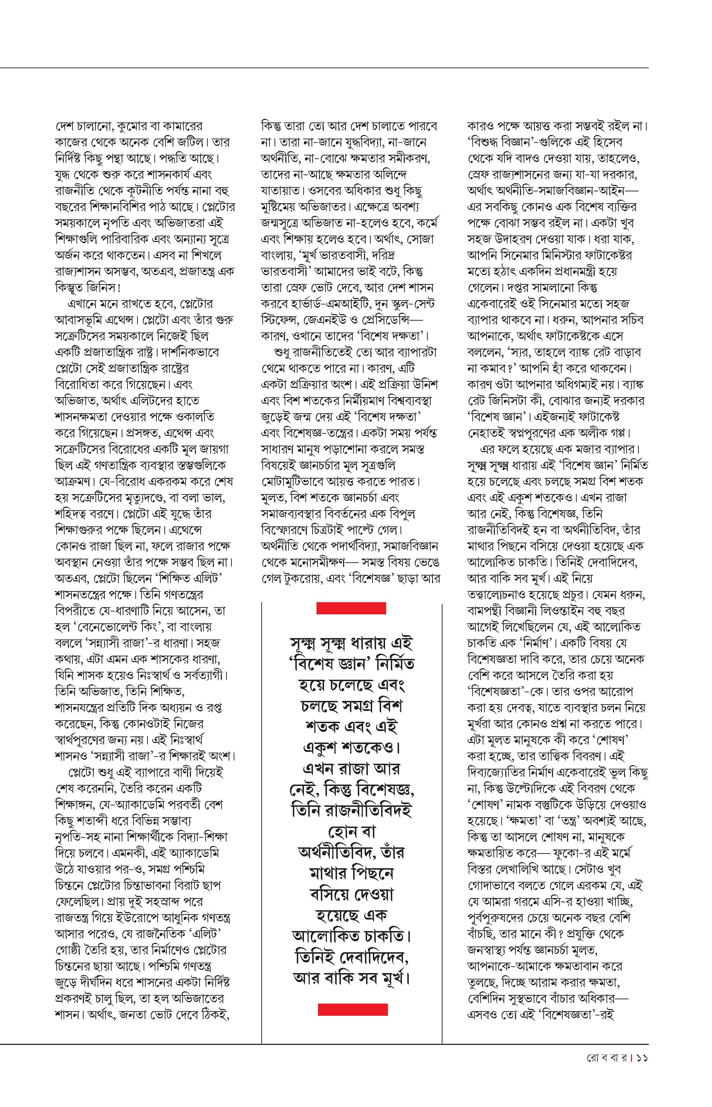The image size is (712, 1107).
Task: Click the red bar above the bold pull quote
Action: pyautogui.click(x=351, y=608)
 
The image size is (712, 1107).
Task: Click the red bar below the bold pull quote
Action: pyautogui.click(x=352, y=1009)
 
